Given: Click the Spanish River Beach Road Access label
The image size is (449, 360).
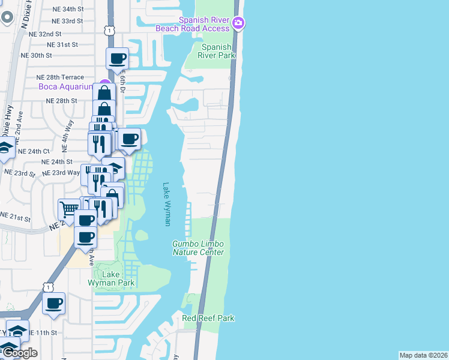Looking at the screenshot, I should (x=192, y=23).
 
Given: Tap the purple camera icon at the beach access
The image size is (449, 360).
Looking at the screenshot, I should (x=239, y=23).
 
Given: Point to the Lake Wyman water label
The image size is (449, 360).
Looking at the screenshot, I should (x=167, y=204).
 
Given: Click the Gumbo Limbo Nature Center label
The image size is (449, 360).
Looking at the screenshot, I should (x=198, y=248).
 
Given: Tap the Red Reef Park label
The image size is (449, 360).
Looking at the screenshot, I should (x=208, y=318).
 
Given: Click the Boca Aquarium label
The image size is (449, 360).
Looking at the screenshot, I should (x=64, y=86).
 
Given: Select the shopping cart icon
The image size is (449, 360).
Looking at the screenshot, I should (x=68, y=210).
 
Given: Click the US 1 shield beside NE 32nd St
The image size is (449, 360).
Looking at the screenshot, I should (x=108, y=29).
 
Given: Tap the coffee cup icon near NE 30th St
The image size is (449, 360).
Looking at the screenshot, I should (x=117, y=59).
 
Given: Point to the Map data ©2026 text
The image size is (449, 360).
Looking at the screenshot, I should (x=424, y=355).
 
